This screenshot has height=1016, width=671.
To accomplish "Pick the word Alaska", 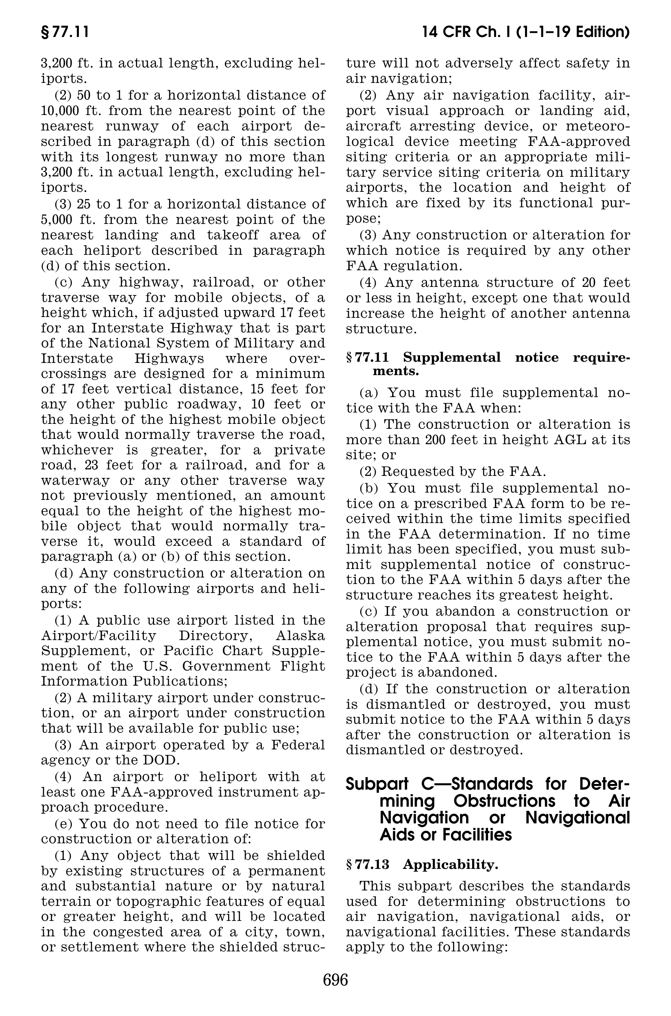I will pyautogui.click(x=298, y=636).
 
